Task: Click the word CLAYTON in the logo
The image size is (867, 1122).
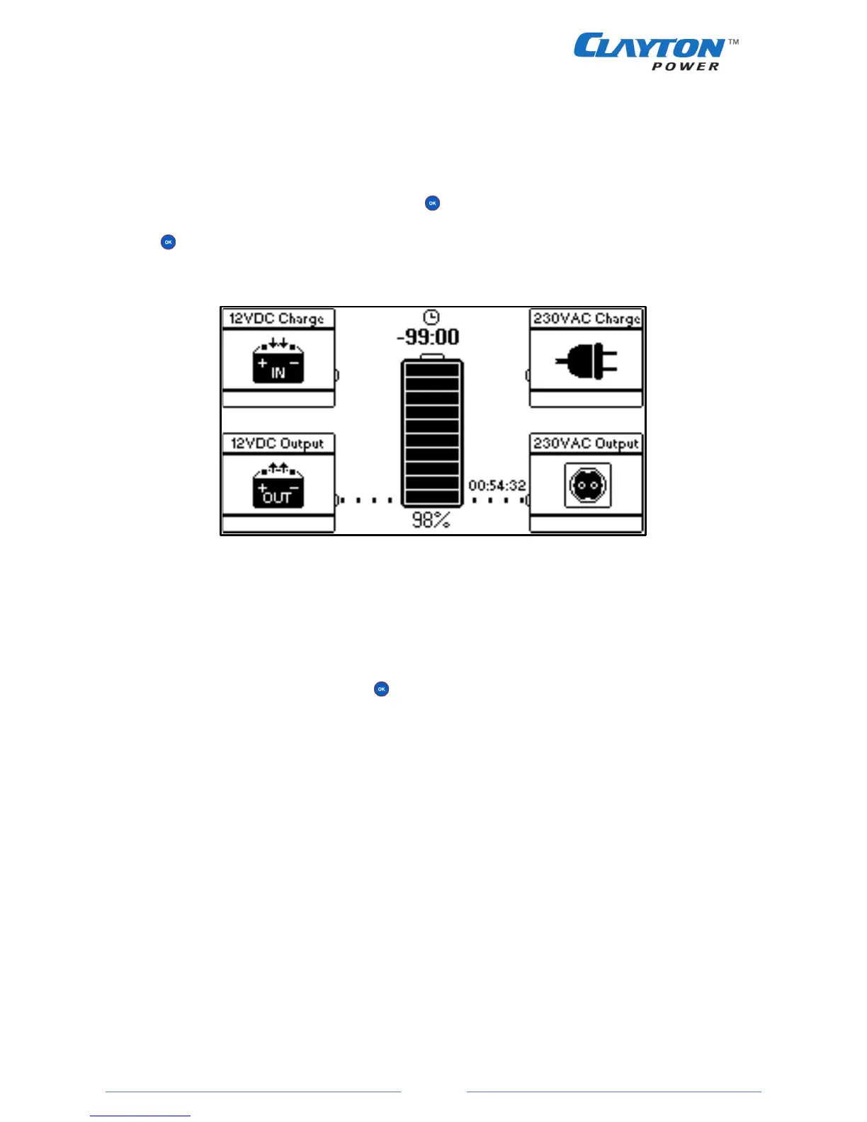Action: (x=648, y=47)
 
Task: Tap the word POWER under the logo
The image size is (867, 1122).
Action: (x=685, y=67)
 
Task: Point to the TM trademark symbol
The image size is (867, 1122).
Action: (x=734, y=42)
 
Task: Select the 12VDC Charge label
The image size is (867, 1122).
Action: (x=277, y=319)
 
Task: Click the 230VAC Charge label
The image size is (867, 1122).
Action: (x=586, y=319)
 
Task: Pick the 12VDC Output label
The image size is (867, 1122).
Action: (x=277, y=443)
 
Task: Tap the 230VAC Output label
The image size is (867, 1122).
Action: (x=586, y=443)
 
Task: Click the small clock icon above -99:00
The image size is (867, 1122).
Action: (x=431, y=317)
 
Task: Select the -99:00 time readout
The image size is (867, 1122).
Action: (x=429, y=337)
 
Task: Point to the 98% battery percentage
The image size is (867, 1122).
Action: (x=431, y=521)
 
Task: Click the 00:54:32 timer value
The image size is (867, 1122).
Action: (x=497, y=486)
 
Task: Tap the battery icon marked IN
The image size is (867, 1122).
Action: (x=278, y=363)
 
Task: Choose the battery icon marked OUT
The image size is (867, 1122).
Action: (x=278, y=487)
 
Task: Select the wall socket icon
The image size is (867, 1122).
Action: (x=587, y=486)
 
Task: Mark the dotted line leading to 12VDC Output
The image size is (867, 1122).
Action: (x=365, y=500)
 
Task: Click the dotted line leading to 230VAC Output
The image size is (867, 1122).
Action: (x=499, y=500)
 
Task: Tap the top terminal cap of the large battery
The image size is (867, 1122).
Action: (x=432, y=356)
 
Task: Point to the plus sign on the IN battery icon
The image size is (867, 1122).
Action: (x=263, y=363)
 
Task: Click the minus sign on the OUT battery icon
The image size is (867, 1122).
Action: (x=294, y=488)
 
